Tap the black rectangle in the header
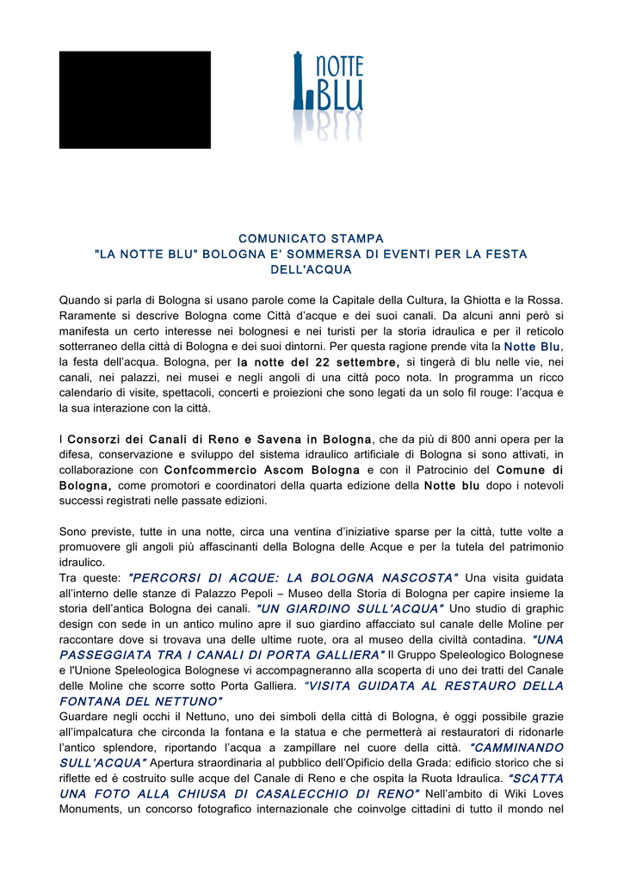134,100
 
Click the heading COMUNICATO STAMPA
311,238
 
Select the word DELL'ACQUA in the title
311,269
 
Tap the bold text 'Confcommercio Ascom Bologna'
262,471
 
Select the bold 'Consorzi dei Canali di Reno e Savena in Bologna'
220,440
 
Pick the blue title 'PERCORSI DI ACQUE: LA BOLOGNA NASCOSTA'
293,577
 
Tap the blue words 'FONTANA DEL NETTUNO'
140,701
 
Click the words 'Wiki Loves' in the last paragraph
532,794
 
